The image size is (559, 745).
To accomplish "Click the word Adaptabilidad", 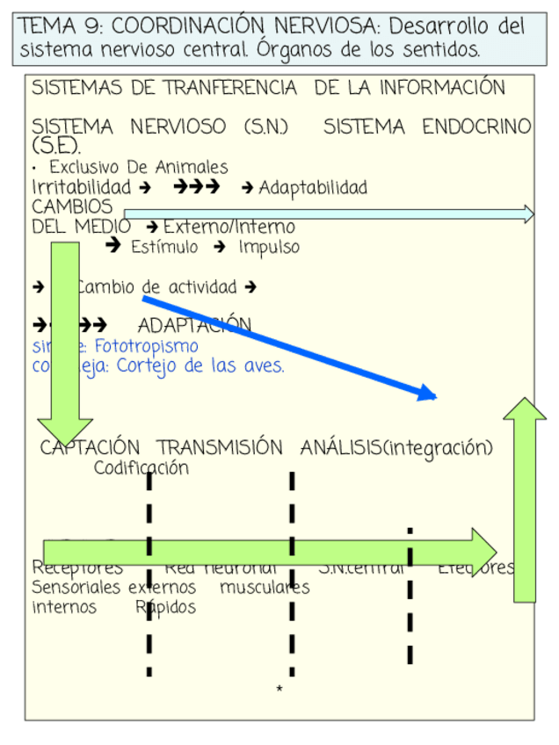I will click(313, 187).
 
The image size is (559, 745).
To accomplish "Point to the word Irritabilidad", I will click(81, 187).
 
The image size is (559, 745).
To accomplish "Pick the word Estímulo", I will click(164, 247).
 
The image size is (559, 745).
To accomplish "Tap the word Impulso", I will click(269, 247).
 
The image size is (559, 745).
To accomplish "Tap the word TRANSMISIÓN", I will click(220, 448).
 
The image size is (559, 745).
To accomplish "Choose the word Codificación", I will click(141, 468).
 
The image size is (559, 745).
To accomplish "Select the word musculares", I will click(265, 588).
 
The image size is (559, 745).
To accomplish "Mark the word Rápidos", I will click(166, 607).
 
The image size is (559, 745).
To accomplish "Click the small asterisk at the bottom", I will click(279, 690).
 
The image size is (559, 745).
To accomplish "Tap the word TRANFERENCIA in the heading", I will click(219, 89).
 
